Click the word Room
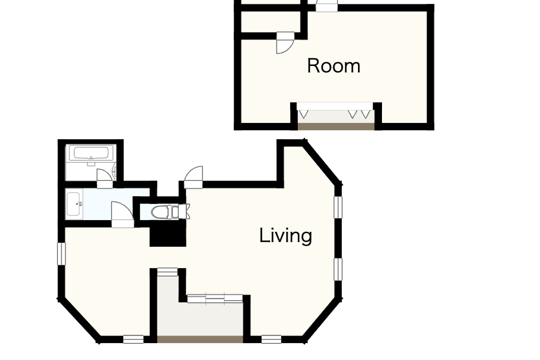click(333, 66)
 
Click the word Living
click(286, 236)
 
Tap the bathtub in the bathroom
click(91, 153)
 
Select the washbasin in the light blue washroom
click(74, 204)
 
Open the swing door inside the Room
click(286, 43)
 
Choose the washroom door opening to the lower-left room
click(122, 214)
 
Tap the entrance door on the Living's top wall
click(194, 177)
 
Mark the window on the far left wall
click(62, 254)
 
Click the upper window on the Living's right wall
click(339, 207)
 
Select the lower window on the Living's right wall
click(339, 269)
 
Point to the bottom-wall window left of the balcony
click(133, 339)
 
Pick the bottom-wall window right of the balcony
click(271, 339)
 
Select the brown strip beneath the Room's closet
click(336, 127)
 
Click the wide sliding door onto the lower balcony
click(215, 298)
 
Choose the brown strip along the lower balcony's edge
click(200, 339)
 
